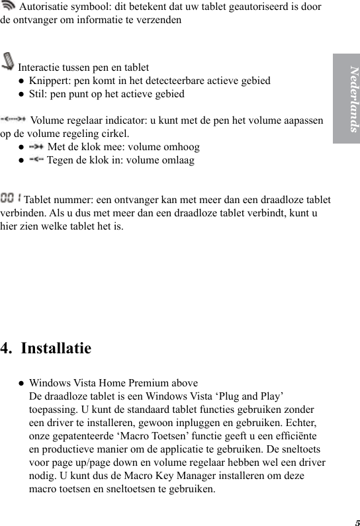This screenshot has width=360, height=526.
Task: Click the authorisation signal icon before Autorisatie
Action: (9, 7)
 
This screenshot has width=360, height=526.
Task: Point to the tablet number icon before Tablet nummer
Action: (11, 198)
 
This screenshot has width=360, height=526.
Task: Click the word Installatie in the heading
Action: (56, 348)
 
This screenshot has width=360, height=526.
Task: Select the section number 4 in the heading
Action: (6, 348)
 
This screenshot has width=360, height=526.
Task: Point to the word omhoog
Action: (182, 147)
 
